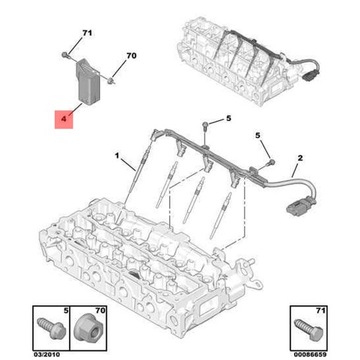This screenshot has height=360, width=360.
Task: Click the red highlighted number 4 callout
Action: pos(64,118)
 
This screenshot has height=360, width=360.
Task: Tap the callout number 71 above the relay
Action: pos(87,33)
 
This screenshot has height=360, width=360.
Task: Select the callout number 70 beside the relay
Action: pos(131,56)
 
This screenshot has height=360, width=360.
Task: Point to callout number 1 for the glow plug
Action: pos(117,155)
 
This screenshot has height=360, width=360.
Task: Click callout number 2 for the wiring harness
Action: pos(300,158)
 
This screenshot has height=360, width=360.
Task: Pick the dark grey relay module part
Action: pos(88,81)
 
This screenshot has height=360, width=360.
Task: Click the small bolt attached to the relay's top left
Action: pos(66,55)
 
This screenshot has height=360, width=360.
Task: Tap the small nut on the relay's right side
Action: pos(110,80)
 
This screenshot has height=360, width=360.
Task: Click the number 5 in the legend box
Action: pos(65,311)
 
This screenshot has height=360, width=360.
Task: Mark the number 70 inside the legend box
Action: pos(100,311)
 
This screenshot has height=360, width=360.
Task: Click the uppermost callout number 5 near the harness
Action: pos(228,118)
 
